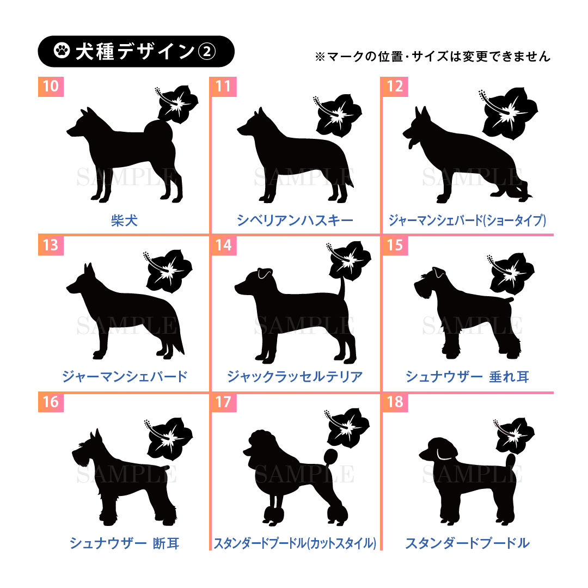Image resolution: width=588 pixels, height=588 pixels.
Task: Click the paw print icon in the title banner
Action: point(62,51)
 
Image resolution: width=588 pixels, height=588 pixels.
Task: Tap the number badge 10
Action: point(51,87)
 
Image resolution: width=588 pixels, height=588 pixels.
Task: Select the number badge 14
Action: point(224,245)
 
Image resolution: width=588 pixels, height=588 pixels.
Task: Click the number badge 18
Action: point(395,402)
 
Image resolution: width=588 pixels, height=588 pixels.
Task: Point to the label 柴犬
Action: point(124,220)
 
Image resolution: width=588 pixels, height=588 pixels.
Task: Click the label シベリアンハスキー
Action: point(295,220)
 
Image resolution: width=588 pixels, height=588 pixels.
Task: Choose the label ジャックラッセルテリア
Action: point(295,376)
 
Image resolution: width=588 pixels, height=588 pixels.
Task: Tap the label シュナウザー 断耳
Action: point(124,543)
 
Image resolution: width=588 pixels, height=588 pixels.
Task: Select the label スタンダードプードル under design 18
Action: point(467,543)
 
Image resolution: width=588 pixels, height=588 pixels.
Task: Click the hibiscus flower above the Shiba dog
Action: point(176,104)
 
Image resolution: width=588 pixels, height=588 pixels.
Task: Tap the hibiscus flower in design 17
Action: point(346,427)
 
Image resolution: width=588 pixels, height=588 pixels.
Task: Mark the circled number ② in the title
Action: point(206,51)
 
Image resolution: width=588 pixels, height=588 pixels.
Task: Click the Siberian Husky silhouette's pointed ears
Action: point(260,113)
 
